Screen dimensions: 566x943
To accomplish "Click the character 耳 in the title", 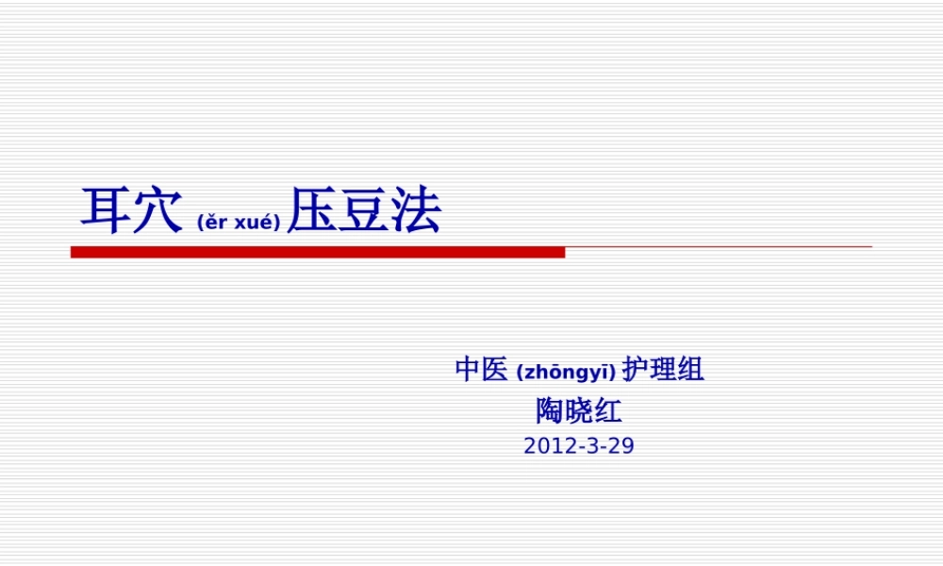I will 106,210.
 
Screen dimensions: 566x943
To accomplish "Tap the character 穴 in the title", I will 157,210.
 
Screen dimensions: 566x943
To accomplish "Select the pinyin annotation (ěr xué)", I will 239,223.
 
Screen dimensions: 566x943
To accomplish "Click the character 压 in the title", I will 312,210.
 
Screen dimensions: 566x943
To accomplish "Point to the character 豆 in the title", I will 363,210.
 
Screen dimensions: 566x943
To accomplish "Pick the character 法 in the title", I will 415,210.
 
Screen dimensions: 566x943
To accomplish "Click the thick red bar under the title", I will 318,252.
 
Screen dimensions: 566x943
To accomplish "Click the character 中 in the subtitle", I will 468,369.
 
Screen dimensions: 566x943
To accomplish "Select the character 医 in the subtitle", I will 495,369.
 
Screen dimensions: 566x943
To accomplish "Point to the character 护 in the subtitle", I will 636,369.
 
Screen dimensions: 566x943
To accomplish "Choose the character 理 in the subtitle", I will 663,369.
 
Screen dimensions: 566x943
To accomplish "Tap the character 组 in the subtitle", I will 690,369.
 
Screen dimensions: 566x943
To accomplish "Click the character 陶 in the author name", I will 551,411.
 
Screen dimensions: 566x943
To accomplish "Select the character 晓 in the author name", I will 579,411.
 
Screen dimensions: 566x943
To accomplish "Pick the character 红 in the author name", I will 607,411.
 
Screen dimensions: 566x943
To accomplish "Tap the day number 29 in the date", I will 621,446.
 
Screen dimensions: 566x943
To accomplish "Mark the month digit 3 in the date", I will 591,446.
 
